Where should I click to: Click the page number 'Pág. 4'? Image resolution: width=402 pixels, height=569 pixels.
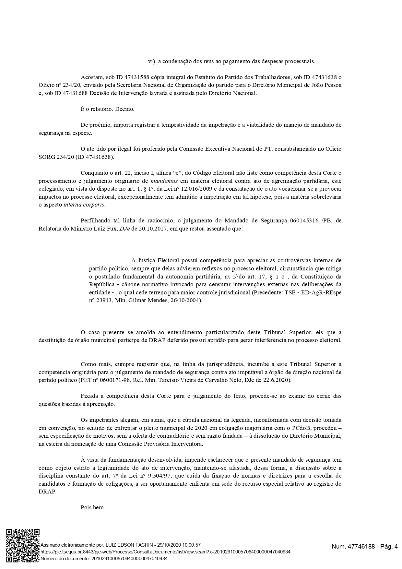(x=388, y=547)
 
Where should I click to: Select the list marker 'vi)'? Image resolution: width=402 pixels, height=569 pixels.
(x=151, y=61)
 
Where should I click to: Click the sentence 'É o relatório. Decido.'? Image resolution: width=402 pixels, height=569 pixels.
(x=107, y=109)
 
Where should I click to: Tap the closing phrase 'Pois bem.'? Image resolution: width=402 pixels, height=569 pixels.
(x=93, y=507)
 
